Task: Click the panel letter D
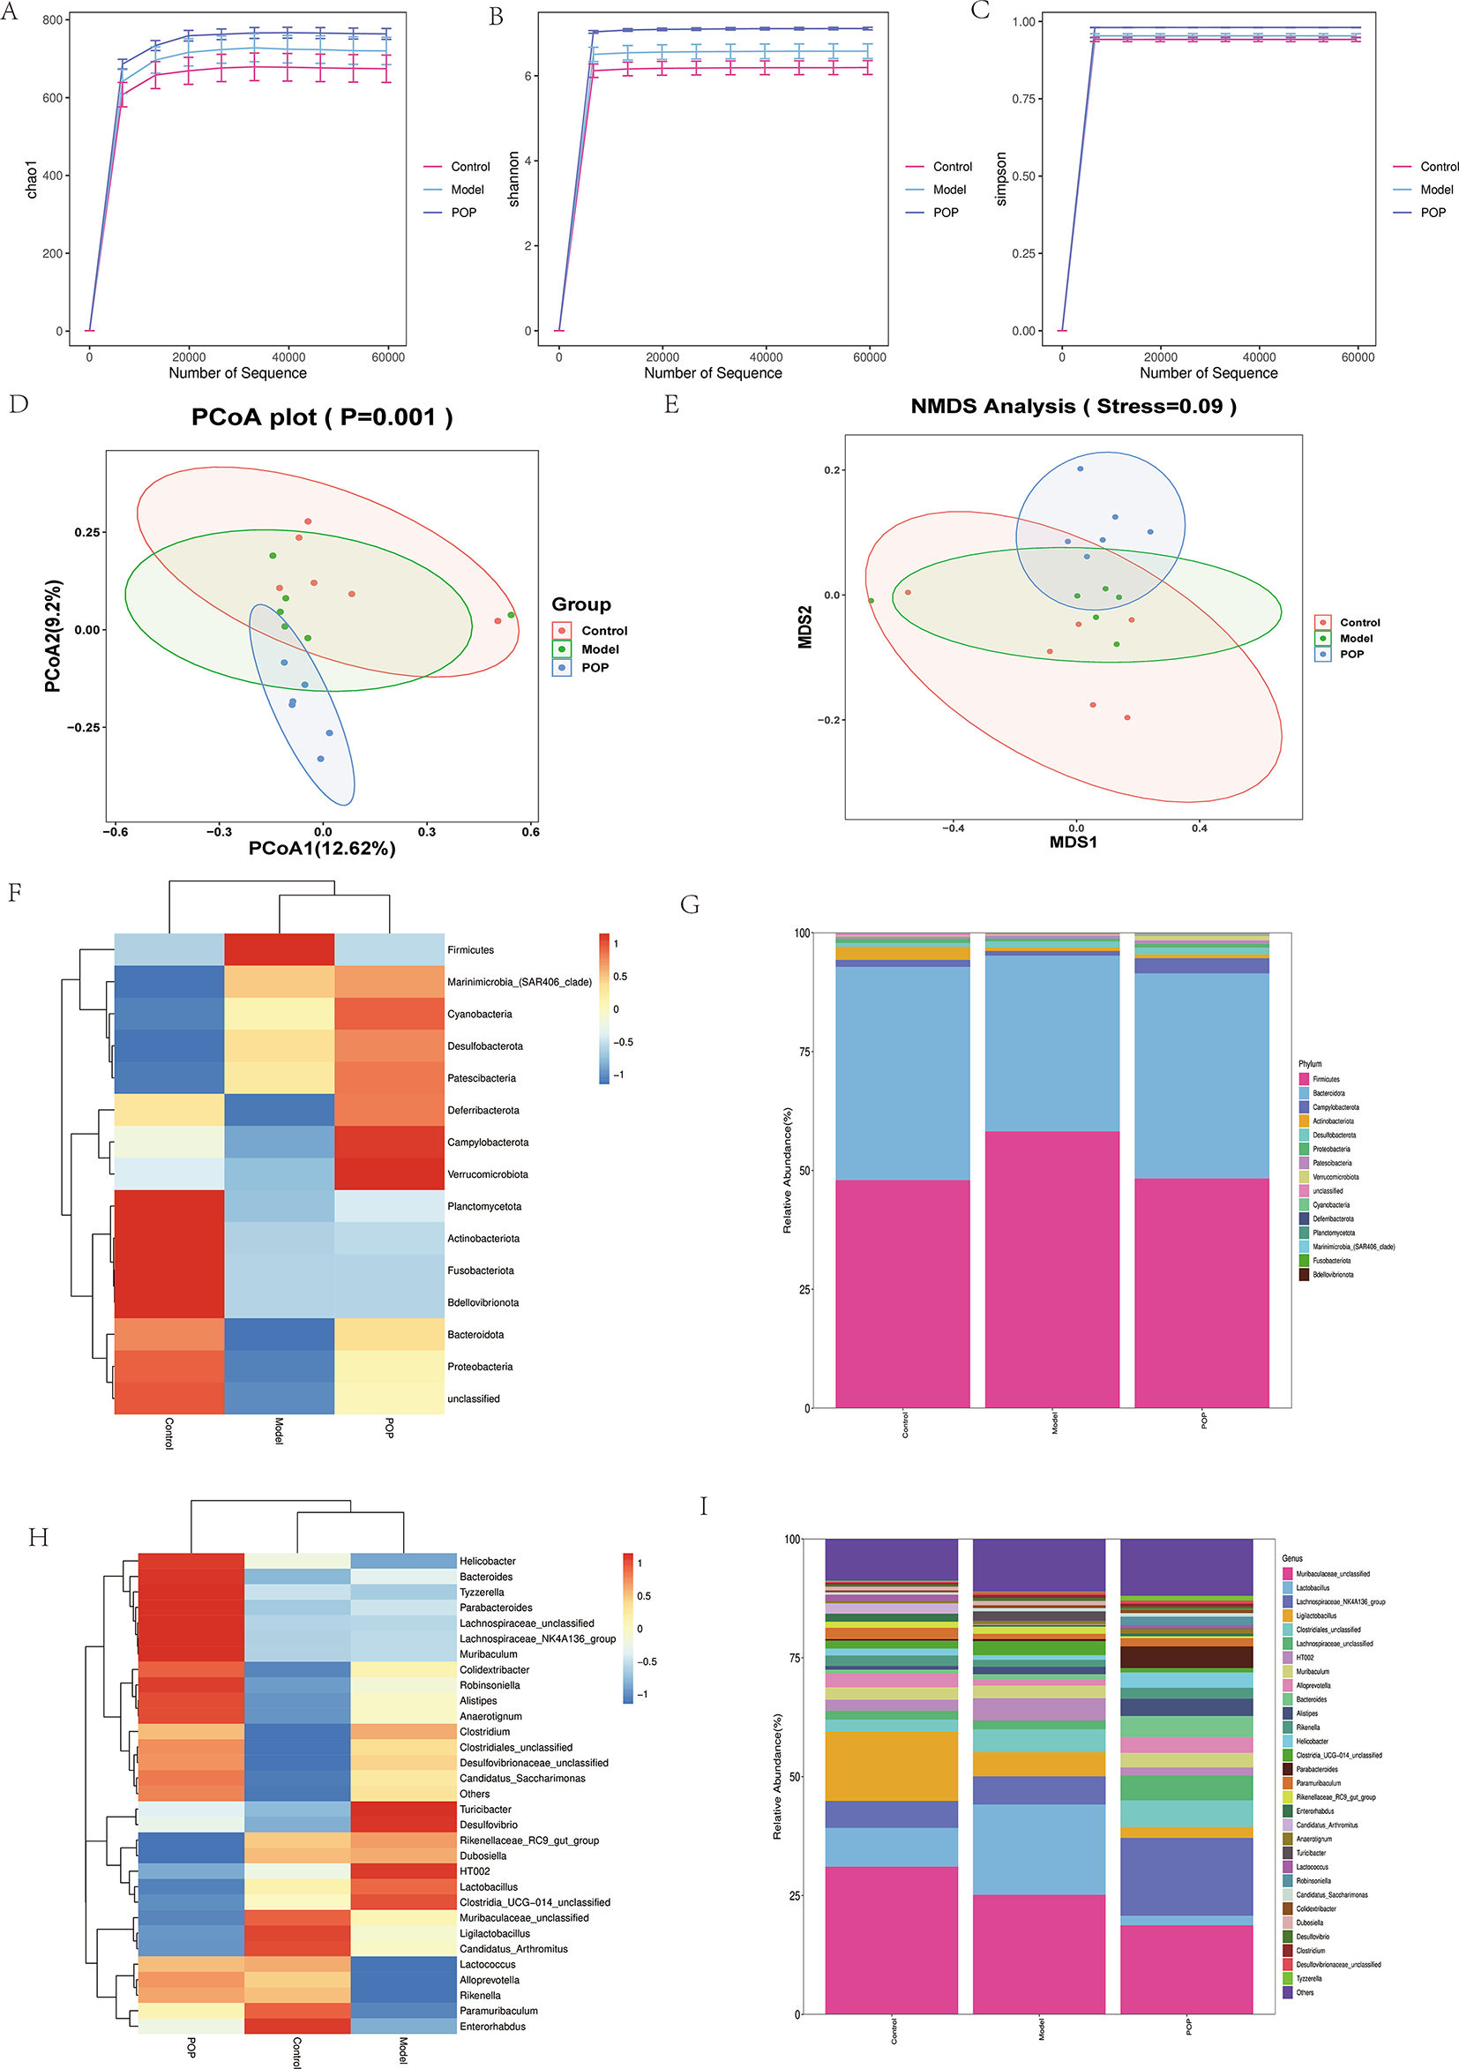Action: [18, 404]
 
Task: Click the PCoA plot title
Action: [322, 417]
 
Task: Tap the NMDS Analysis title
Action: [1073, 407]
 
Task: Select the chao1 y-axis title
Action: [32, 179]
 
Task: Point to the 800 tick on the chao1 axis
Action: [52, 19]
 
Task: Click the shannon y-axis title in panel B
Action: [513, 179]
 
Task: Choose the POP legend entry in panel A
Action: [463, 213]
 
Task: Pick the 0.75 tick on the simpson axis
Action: [1023, 99]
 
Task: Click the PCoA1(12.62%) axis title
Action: [322, 849]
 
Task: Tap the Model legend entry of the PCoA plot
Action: [599, 649]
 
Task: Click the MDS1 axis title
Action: [1073, 843]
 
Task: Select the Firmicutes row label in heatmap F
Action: [470, 949]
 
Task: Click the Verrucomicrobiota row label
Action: [488, 1174]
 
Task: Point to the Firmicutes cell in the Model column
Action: [279, 949]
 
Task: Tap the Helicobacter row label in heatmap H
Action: [488, 1561]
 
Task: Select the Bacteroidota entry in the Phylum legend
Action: [1328, 1093]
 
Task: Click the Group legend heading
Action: [581, 604]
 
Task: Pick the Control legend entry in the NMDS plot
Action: [1359, 623]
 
